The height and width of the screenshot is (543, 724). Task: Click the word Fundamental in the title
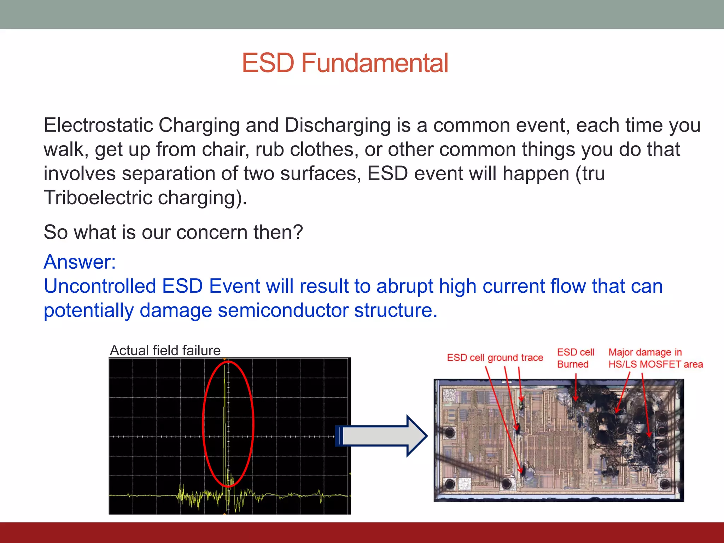click(375, 63)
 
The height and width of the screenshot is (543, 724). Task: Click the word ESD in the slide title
click(268, 63)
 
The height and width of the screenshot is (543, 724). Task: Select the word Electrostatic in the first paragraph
click(98, 125)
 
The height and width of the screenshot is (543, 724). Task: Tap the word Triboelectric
click(98, 198)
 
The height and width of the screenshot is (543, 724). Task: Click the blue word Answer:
click(80, 262)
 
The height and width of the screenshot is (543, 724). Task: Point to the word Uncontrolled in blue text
click(100, 286)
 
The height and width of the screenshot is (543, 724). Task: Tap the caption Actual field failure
click(165, 350)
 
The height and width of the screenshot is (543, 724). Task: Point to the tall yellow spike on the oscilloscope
click(225, 407)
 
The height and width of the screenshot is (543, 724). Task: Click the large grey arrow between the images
click(382, 436)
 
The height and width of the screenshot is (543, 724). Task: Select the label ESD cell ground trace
click(495, 358)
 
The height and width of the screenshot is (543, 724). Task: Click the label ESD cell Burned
click(575, 358)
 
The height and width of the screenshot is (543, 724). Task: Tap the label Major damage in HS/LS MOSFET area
click(655, 358)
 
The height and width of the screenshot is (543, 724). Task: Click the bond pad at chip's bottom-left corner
click(450, 484)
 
